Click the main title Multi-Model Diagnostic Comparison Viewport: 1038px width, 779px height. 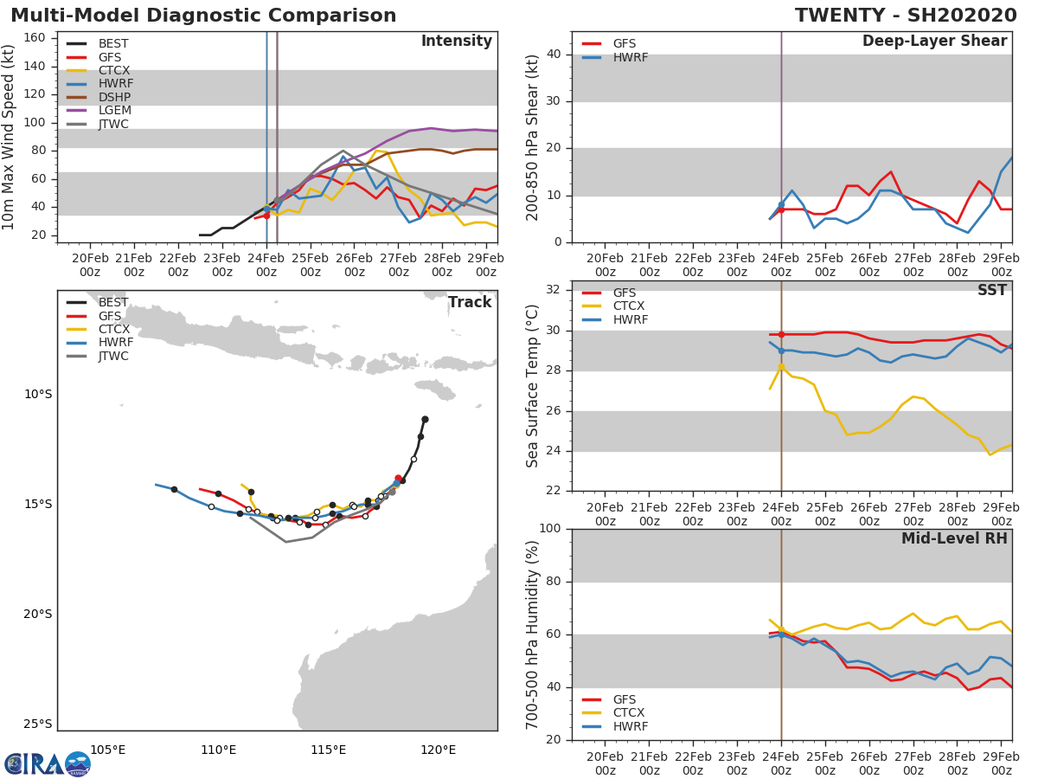[203, 16]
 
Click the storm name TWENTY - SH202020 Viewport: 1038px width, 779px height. [906, 16]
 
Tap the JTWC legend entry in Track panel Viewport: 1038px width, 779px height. [113, 356]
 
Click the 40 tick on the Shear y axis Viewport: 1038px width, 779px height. [554, 55]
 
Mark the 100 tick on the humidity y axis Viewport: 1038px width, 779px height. [550, 528]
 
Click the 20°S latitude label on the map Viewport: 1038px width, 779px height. [37, 615]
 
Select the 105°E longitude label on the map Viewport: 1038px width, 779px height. [107, 750]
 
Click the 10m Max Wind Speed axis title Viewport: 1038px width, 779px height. [10, 137]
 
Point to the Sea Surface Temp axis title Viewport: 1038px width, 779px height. [533, 386]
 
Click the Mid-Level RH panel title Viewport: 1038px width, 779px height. [954, 538]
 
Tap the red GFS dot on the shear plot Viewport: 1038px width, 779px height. [781, 209]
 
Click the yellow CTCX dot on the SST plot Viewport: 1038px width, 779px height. [781, 366]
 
